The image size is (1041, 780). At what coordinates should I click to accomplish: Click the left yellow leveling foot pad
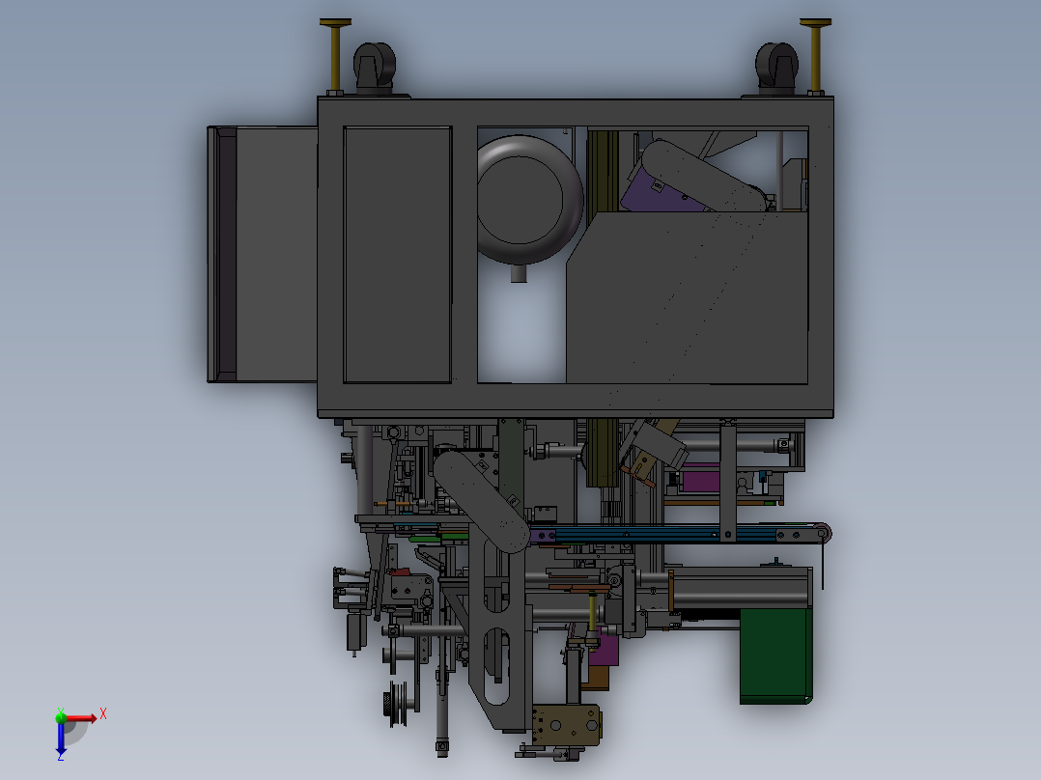click(335, 23)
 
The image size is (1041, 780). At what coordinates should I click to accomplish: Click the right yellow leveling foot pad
click(815, 23)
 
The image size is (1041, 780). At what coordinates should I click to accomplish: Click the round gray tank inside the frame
click(529, 199)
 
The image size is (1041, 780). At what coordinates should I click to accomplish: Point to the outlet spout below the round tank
click(519, 273)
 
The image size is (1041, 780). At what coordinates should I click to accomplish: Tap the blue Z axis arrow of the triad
click(61, 737)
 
